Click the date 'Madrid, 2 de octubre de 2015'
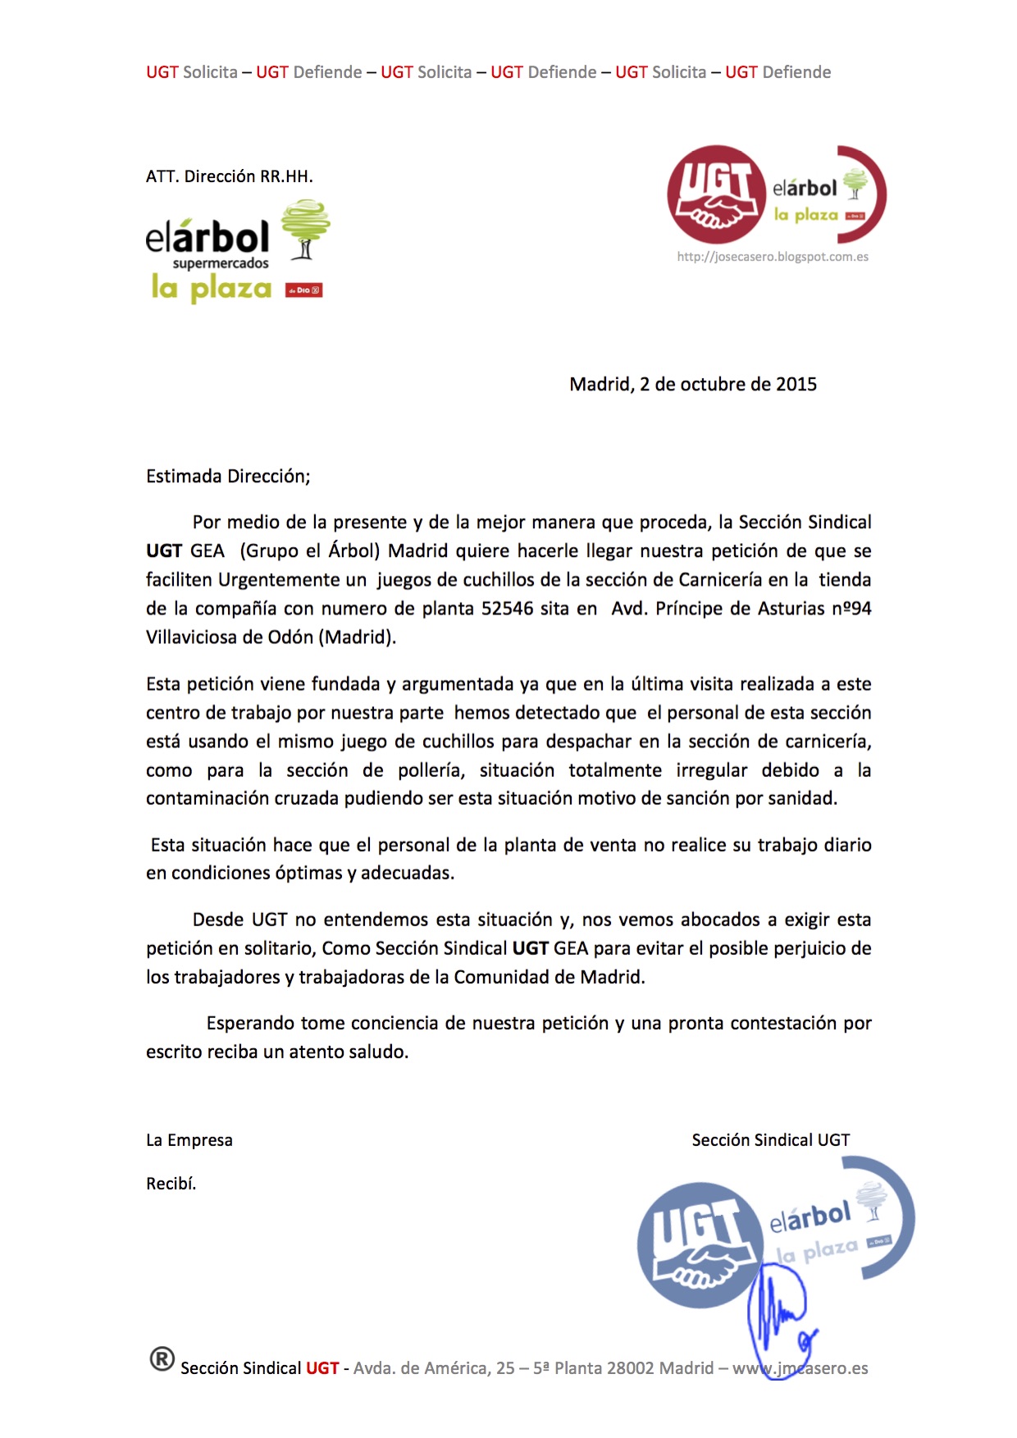693,385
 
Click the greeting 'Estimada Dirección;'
228,477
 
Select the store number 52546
507,609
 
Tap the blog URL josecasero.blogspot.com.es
773,257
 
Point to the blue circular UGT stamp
700,1244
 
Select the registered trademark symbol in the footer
162,1359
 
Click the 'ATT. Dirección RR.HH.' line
230,176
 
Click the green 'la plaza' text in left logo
212,288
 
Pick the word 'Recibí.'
171,1184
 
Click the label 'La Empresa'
189,1140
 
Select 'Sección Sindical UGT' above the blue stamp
771,1140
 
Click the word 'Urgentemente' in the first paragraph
292,580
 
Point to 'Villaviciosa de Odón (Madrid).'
271,637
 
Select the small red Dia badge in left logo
303,290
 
